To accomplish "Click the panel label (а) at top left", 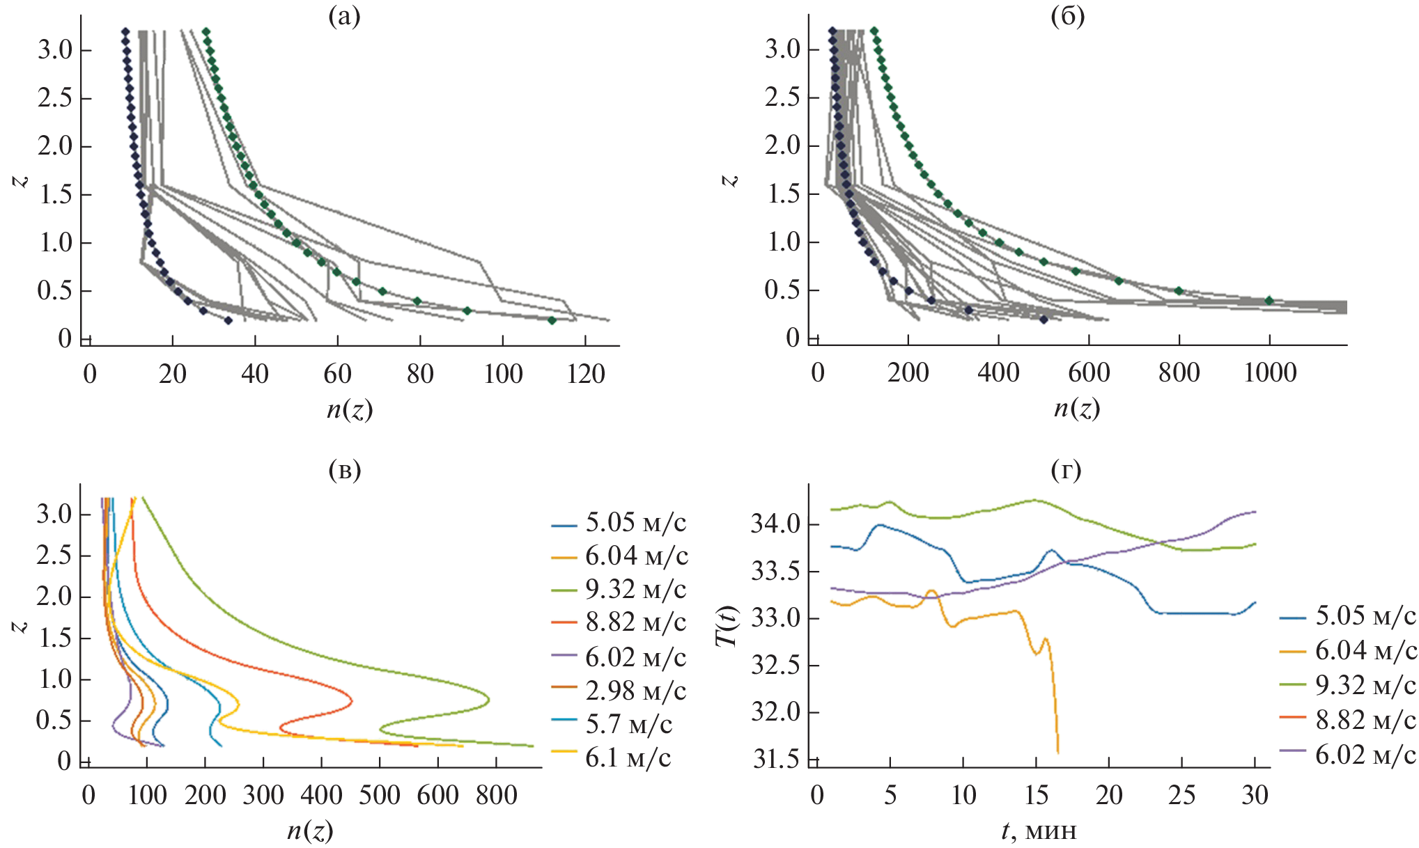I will (344, 17).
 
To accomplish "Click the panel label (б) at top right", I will (1067, 17).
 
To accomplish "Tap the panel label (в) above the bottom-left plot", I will (344, 471).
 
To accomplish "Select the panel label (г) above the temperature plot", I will (1066, 471).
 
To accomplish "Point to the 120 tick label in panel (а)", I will (585, 374).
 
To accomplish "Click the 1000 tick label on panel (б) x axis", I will (1269, 372).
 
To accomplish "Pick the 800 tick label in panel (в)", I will (496, 794).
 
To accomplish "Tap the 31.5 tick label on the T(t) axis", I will (776, 759).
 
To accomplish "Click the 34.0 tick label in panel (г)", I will (776, 523).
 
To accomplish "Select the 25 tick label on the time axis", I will (1181, 794).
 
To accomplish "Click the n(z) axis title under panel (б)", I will (1076, 408).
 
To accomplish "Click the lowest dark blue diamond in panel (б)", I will (1044, 320).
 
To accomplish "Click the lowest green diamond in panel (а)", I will (552, 320).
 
